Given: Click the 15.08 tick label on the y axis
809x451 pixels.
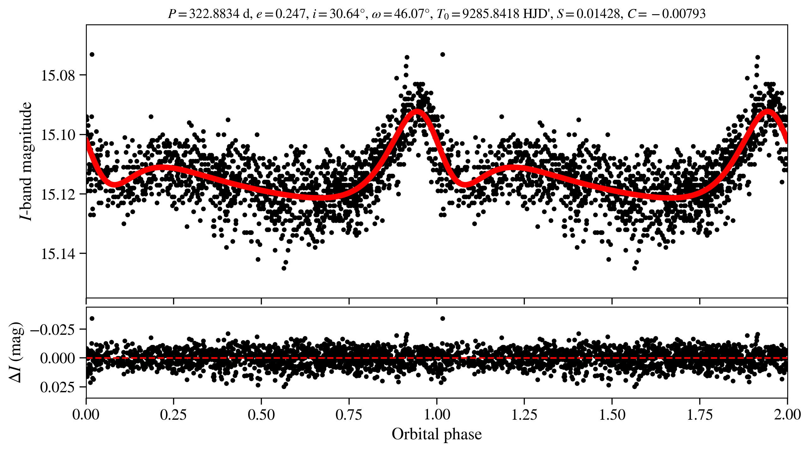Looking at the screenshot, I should click(58, 75).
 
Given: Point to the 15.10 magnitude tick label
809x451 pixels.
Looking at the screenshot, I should click(58, 135).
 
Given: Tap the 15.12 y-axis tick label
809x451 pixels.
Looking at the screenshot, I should click(58, 194).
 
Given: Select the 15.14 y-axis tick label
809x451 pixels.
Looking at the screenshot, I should click(58, 254).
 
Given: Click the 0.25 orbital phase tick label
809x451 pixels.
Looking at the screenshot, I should click(173, 414).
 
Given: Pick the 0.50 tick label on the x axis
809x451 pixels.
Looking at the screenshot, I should click(261, 414).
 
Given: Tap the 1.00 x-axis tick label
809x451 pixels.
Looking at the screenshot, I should click(437, 414).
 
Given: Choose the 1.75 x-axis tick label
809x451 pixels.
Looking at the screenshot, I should click(700, 414).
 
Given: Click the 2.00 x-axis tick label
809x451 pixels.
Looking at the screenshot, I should click(787, 414).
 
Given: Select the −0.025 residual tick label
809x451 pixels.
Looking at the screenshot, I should click(53, 330).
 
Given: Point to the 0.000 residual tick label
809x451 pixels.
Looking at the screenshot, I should click(58, 358).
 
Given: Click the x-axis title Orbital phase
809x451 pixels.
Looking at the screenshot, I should click(437, 434).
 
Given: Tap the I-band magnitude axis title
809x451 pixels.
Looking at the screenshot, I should click(26, 161).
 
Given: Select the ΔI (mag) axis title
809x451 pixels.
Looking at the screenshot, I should click(16, 352).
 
